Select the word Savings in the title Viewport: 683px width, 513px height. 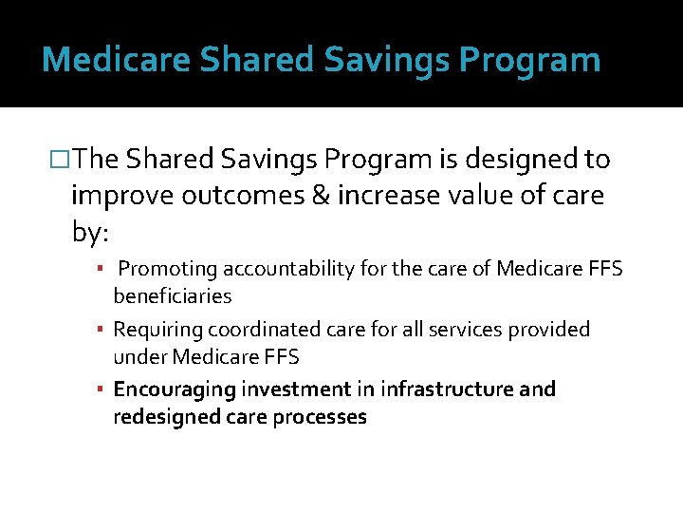pos(385,59)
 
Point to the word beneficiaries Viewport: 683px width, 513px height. pos(172,296)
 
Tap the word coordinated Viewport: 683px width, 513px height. pos(249,330)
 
